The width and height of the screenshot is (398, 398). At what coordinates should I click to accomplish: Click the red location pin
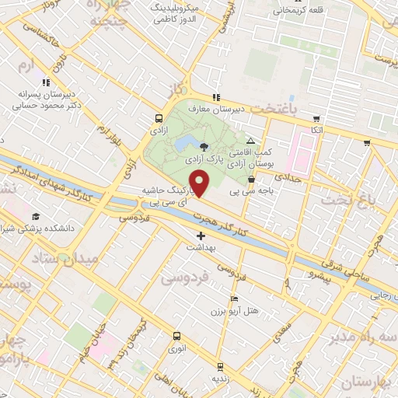click(x=201, y=183)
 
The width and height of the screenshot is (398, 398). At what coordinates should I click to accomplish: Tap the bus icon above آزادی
click(x=159, y=120)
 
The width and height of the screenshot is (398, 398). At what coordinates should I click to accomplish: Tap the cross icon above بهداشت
click(x=201, y=235)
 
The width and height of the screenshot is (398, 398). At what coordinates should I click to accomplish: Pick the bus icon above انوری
click(x=177, y=337)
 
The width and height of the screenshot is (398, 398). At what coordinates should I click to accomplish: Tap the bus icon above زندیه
click(x=220, y=366)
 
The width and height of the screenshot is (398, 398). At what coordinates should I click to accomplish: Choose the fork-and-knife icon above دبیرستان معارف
click(x=215, y=97)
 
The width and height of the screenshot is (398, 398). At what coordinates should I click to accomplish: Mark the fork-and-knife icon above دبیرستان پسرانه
click(x=47, y=81)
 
